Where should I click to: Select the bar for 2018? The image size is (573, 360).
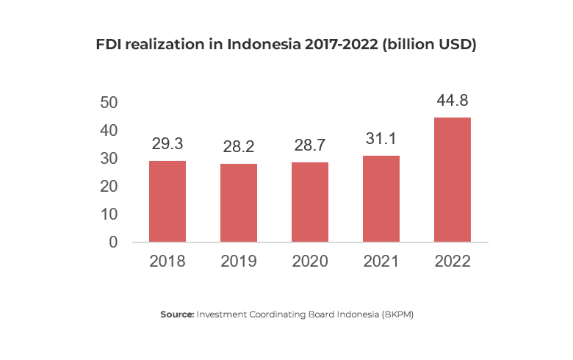[x=167, y=201]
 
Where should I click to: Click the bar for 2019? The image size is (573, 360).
[x=239, y=203]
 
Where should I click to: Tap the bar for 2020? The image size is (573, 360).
[x=310, y=202]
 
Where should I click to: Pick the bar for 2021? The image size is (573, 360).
[x=381, y=198]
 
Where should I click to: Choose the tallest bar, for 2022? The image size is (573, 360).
[x=453, y=179]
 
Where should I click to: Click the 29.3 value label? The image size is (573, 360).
[x=167, y=145]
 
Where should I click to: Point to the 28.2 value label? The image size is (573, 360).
[x=239, y=148]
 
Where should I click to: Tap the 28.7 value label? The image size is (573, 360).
[x=310, y=146]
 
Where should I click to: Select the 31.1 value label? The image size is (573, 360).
[x=381, y=140]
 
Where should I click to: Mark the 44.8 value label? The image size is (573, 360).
[x=453, y=101]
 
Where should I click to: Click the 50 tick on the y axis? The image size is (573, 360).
[x=109, y=103]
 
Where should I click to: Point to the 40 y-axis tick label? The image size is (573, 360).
[x=109, y=131]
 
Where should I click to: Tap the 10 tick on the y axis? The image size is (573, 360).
[x=109, y=215]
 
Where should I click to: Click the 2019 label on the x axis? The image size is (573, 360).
[x=239, y=262]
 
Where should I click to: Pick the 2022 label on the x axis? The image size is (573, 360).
[x=453, y=262]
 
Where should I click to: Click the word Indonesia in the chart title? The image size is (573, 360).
[x=264, y=45]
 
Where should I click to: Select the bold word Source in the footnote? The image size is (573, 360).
[x=177, y=314]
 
